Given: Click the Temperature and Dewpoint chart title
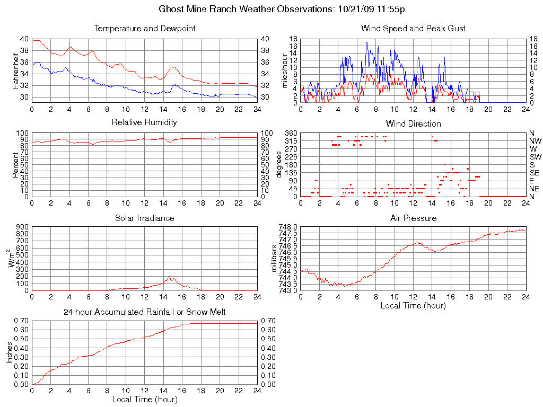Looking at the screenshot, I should [144, 29].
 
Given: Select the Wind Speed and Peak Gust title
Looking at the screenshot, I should [413, 29].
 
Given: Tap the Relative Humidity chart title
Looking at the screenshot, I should [144, 122].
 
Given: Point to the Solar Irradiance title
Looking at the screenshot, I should [144, 218].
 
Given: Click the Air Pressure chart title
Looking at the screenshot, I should [413, 218].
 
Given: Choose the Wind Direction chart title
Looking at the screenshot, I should [413, 123].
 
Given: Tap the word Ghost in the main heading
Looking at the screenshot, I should [172, 10].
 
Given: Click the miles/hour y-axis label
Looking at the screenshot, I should [284, 70].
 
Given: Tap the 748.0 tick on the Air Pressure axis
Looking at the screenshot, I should [288, 227].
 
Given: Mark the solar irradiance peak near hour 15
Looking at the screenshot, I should [170, 277].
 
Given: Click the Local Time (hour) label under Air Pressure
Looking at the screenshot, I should [413, 305].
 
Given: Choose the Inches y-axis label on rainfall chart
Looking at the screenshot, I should [10, 352].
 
